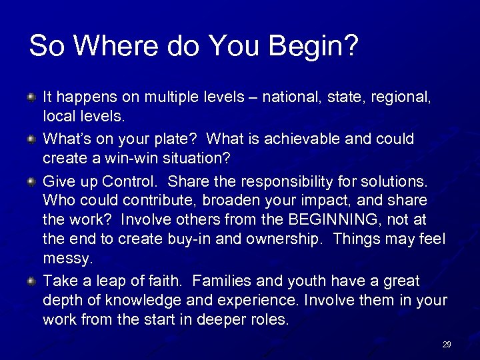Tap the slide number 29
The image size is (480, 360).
[447, 345]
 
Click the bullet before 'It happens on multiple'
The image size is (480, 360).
[31, 98]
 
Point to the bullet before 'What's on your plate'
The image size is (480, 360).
[31, 139]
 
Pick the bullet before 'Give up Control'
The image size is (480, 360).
[31, 181]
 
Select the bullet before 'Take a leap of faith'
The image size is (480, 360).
[31, 283]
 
